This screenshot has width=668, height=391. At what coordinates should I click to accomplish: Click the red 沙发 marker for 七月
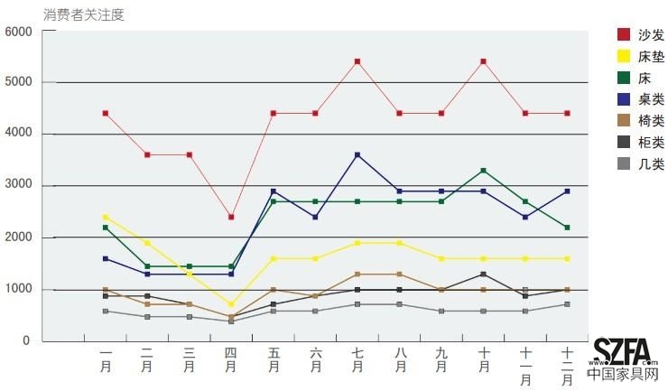click(x=357, y=61)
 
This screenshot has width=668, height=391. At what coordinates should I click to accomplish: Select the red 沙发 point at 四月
click(x=231, y=218)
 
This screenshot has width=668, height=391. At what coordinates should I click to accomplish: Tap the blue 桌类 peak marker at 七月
click(x=357, y=155)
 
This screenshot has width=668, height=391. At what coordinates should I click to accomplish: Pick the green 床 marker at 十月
click(x=484, y=171)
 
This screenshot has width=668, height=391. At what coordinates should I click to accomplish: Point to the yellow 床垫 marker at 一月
click(x=106, y=218)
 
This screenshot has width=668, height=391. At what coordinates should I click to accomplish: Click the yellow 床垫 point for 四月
click(x=231, y=304)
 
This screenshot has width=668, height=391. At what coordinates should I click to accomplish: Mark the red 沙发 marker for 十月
click(x=484, y=61)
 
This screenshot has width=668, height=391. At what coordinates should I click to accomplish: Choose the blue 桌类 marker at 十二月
click(x=567, y=191)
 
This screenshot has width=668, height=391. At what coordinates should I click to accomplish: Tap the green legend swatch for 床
click(x=623, y=79)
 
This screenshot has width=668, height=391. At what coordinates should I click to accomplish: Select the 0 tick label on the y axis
click(x=27, y=342)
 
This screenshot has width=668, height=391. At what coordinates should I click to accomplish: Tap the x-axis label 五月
click(x=273, y=361)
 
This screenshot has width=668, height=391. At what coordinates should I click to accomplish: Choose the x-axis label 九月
click(x=441, y=361)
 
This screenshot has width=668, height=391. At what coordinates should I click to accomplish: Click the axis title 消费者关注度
click(x=83, y=14)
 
